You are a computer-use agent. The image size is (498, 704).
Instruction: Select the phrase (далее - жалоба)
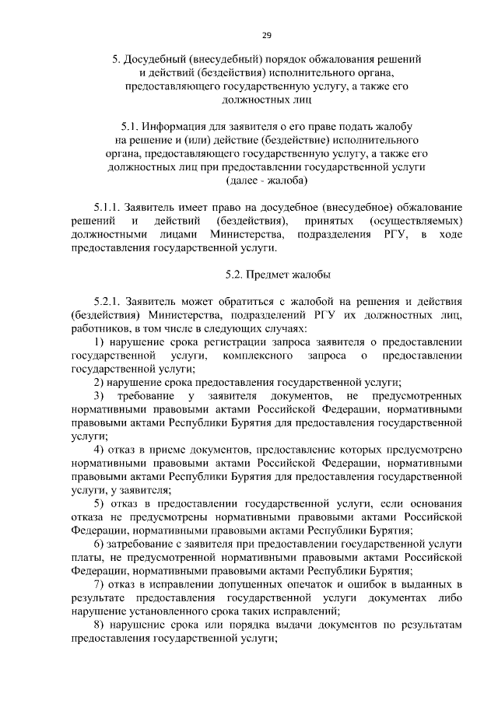(x=265, y=180)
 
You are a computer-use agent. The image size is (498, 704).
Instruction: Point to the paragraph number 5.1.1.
(x=107, y=208)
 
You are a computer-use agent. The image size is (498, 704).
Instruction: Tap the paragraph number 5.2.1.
(x=107, y=302)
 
